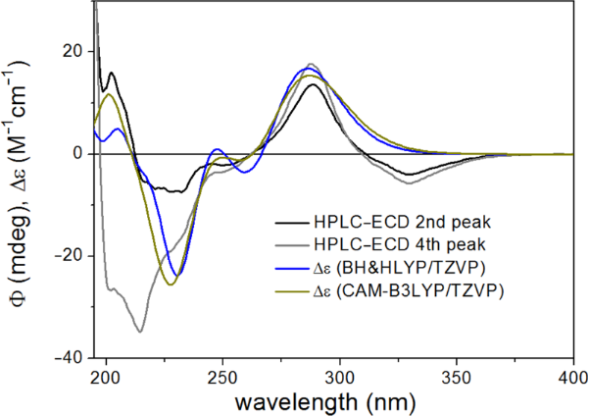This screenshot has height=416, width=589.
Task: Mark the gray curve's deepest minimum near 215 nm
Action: coord(140,332)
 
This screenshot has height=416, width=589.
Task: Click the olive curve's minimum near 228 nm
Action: coord(172,285)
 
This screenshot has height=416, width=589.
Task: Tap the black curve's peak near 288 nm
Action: coord(313,84)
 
